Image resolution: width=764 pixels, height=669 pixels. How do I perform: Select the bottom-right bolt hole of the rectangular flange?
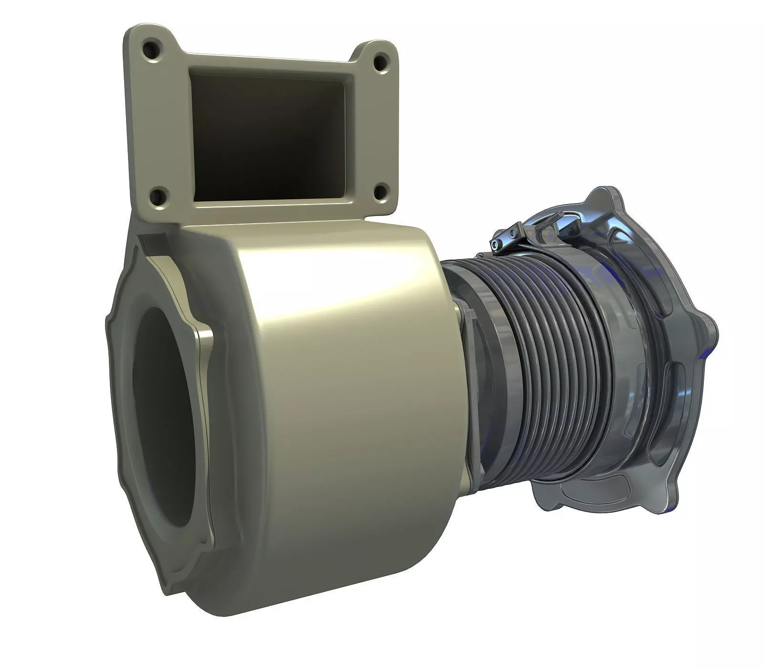coord(380,192)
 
